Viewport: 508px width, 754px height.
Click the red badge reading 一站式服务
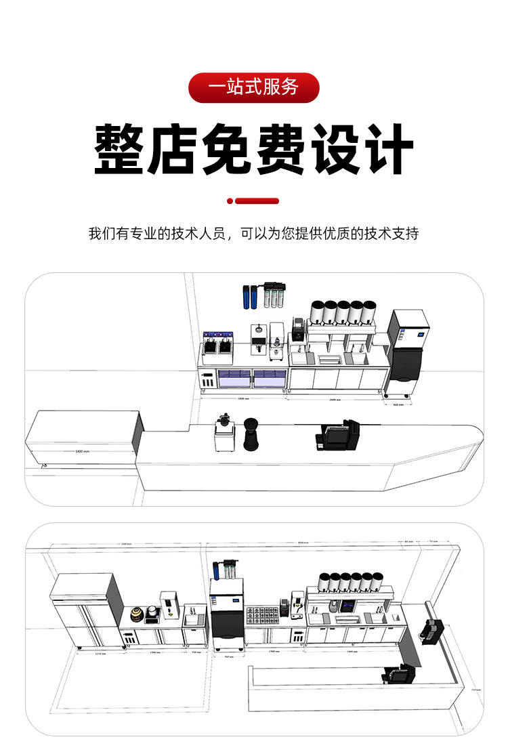(253, 87)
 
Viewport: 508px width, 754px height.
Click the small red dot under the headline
(230, 201)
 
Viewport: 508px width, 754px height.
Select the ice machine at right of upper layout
(409, 352)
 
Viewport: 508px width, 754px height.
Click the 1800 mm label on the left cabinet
(82, 451)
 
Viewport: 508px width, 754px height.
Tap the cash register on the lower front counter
(397, 675)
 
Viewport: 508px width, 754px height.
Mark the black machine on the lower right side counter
(430, 630)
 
